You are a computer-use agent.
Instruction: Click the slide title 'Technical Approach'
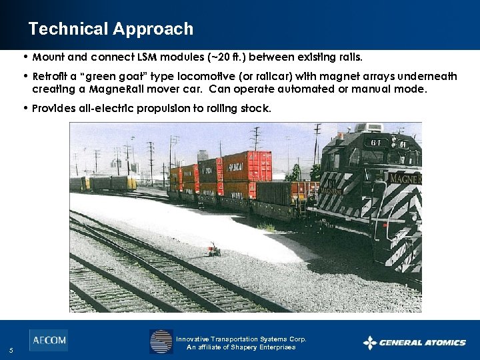(111, 29)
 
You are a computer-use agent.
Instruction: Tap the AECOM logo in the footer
(48, 340)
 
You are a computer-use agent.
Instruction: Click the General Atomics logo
(414, 343)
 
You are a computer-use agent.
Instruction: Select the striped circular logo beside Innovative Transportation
(161, 341)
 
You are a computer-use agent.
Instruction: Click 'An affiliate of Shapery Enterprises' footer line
(241, 347)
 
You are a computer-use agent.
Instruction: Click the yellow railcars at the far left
(107, 183)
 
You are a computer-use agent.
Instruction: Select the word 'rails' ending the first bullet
(349, 57)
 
